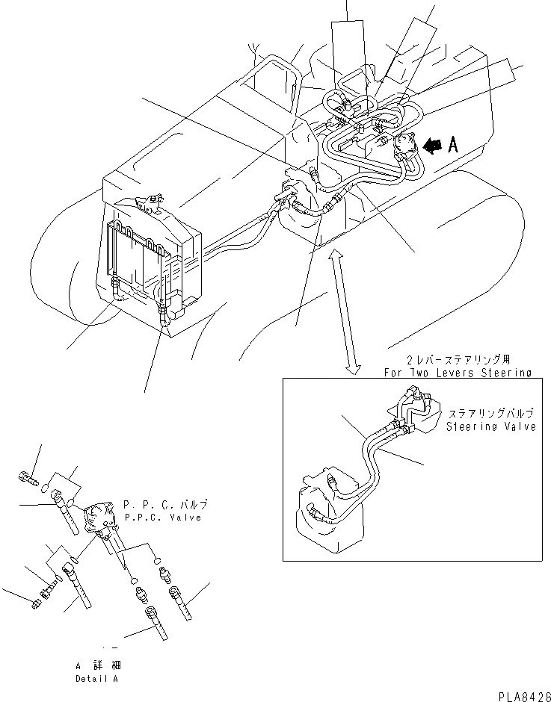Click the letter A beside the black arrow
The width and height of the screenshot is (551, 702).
[453, 146]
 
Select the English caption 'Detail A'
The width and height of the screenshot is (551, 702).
[96, 679]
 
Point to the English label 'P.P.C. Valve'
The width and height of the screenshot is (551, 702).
[162, 517]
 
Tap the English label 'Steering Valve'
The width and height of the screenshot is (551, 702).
[490, 427]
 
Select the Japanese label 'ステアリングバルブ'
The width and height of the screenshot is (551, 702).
[490, 414]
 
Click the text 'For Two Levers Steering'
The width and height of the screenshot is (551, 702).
[457, 372]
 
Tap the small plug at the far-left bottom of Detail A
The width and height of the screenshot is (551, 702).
[40, 603]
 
